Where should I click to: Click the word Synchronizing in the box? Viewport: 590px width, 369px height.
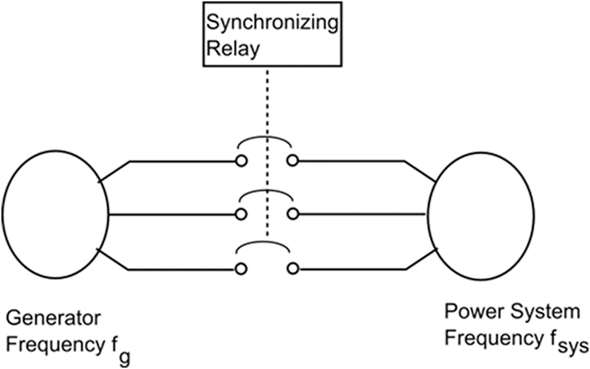click(271, 24)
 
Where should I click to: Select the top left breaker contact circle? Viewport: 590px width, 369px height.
click(241, 161)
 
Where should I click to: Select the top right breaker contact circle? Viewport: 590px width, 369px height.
click(292, 161)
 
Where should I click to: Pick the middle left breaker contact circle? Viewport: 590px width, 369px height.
click(241, 214)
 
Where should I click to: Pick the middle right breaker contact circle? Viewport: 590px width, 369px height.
click(292, 214)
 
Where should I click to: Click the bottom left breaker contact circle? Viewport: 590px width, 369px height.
click(241, 269)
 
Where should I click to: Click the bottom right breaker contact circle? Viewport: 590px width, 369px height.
click(292, 269)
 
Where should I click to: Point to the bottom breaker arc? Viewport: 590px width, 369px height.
click(265, 244)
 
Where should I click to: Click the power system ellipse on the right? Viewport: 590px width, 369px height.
click(480, 214)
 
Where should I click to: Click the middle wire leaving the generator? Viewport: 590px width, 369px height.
click(172, 214)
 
